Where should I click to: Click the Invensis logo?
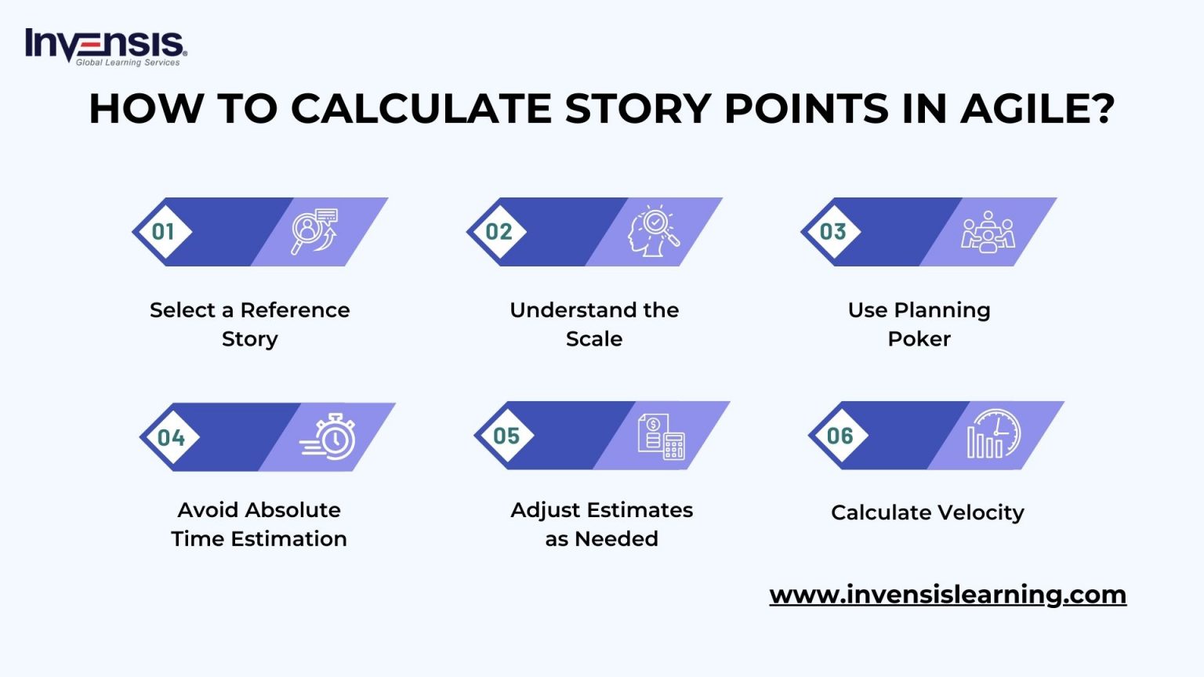(x=106, y=47)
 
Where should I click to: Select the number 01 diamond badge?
(x=163, y=232)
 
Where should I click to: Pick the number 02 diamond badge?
(x=499, y=232)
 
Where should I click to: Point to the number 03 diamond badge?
(x=832, y=232)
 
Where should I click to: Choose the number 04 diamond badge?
(x=171, y=437)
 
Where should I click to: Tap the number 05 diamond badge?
(x=506, y=436)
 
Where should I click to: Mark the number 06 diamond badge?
(x=840, y=436)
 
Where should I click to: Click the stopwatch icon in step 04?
(x=329, y=436)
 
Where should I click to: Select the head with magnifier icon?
(x=654, y=231)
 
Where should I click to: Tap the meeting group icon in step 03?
(x=988, y=232)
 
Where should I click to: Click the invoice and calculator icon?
(x=661, y=436)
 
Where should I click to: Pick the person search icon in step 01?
(x=315, y=231)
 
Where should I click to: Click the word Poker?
(x=919, y=339)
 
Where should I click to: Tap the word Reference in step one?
(x=295, y=310)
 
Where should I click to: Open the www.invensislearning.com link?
(x=948, y=595)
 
